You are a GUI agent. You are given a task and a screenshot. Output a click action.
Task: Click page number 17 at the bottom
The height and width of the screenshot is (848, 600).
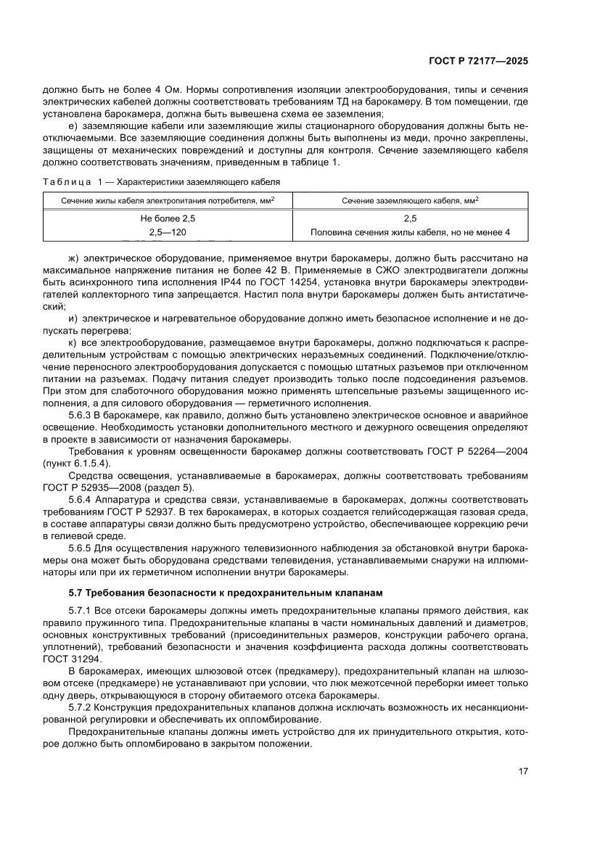[x=522, y=770]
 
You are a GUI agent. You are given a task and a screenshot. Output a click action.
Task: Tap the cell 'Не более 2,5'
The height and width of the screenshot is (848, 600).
[x=168, y=218]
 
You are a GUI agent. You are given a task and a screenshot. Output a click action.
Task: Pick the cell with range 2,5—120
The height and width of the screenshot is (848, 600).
[x=168, y=232]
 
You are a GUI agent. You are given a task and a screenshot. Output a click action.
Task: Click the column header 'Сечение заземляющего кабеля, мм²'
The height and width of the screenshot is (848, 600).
[x=410, y=199]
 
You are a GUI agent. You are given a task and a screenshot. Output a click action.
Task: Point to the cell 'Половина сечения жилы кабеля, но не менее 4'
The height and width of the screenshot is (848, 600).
[x=410, y=232]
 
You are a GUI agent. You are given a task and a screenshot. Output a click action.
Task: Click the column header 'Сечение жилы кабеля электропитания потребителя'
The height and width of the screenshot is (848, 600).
[x=168, y=199]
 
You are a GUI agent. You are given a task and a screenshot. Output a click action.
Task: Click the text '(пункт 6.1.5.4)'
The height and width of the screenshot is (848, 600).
[x=77, y=463]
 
